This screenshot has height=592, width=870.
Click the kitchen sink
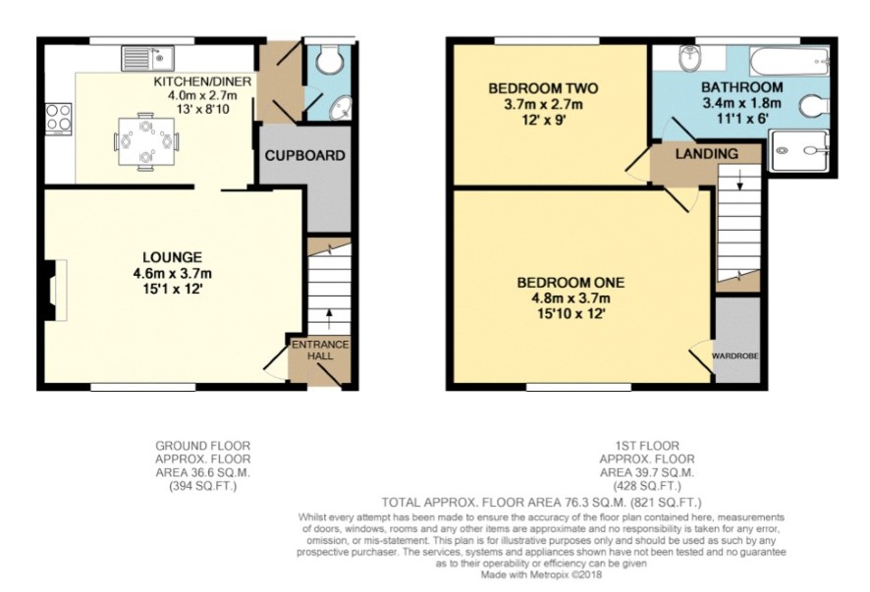coord(148,58)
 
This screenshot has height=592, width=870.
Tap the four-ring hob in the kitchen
coord(58,119)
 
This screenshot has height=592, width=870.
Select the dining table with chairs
coord(146,141)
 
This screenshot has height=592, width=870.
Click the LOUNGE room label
coord(173,257)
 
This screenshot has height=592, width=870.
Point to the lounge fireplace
coord(54,290)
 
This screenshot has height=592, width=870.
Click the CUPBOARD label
coord(304,156)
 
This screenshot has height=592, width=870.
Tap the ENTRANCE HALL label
coord(320,350)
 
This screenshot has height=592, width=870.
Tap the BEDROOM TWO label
coord(543,88)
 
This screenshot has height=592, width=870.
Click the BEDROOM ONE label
coord(571,283)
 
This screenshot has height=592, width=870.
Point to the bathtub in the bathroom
coord(789,61)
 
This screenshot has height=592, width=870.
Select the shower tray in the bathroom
coord(798,150)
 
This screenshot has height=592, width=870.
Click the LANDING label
coord(706,154)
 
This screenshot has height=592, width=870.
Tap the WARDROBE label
coord(735,355)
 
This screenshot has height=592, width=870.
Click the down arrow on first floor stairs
coord(739,180)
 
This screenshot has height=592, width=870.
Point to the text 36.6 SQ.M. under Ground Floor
coord(202,473)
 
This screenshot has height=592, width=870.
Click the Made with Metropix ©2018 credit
coord(541,574)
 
